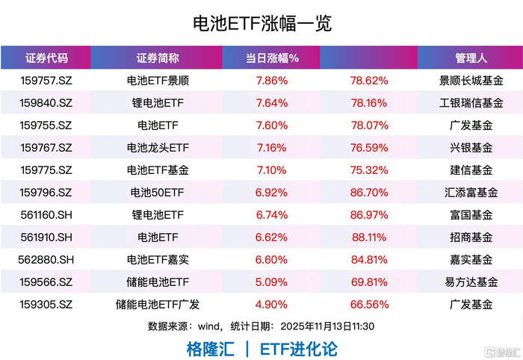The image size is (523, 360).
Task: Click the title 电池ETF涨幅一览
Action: pyautogui.click(x=261, y=23)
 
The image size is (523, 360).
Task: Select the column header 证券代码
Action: pyautogui.click(x=46, y=58)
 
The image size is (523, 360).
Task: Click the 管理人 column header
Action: pyautogui.click(x=471, y=58)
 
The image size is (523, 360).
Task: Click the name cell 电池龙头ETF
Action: pyautogui.click(x=158, y=148)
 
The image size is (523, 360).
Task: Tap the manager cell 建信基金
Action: pyautogui.click(x=471, y=170)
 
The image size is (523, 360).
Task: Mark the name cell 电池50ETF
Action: pyautogui.click(x=158, y=193)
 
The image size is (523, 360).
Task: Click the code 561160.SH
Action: pyautogui.click(x=46, y=215)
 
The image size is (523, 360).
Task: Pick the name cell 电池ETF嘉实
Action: pyautogui.click(x=158, y=260)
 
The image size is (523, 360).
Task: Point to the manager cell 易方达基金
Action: pyautogui.click(x=471, y=282)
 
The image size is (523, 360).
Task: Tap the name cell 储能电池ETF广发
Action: pyautogui.click(x=158, y=305)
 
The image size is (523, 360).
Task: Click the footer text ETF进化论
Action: pyautogui.click(x=299, y=349)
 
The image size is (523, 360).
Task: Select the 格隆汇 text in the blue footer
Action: pyautogui.click(x=210, y=349)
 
